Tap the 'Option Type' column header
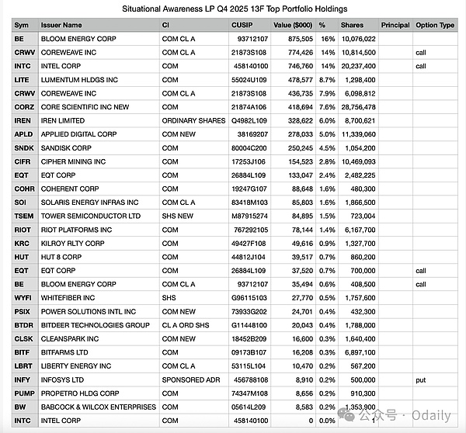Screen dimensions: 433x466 coord(435,25)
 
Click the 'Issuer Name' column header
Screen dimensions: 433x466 coord(61,25)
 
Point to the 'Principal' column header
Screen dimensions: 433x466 coord(395,25)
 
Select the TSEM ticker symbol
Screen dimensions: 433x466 coord(23,216)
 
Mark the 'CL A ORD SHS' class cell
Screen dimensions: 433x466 coord(186,325)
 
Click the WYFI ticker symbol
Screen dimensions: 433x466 coord(23,297)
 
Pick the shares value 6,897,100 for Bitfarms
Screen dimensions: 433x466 coord(360,352)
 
